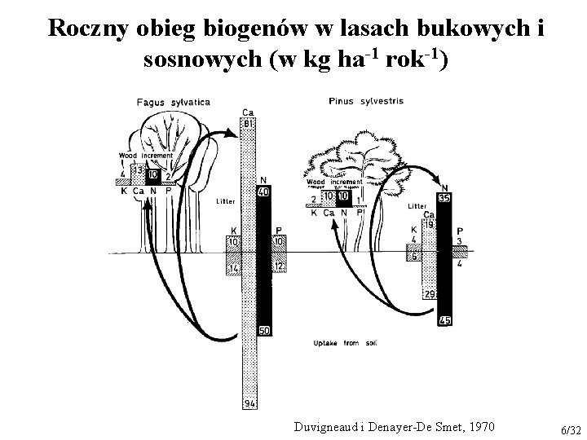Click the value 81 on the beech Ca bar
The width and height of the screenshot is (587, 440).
point(248,122)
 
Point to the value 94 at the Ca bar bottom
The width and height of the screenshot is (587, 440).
point(249,404)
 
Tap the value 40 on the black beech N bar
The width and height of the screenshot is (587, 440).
point(263,191)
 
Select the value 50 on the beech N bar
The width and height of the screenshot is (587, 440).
point(263,330)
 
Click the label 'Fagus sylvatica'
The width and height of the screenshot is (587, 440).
point(173,102)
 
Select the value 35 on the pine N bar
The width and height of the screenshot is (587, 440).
point(444,197)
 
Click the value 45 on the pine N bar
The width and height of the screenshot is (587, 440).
point(444,319)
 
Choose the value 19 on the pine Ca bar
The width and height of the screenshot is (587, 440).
point(428,223)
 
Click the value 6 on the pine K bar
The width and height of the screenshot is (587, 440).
point(414,257)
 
